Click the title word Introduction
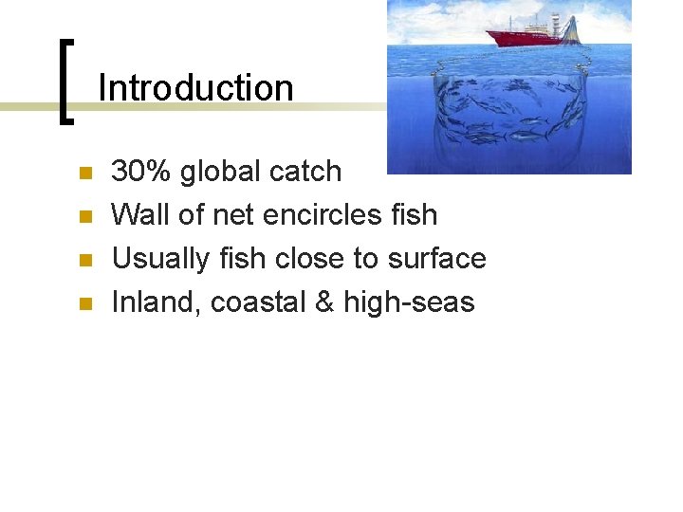(x=195, y=88)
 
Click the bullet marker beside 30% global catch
(x=84, y=174)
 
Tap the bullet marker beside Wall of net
(x=84, y=217)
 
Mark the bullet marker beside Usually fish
(x=84, y=261)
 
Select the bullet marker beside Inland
(x=84, y=304)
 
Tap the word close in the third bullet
(x=306, y=259)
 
